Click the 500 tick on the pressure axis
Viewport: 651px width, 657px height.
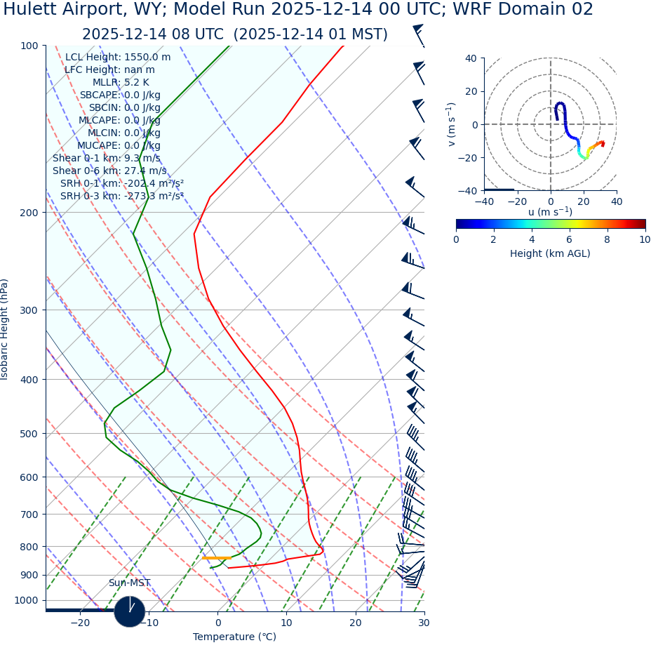click(x=29, y=434)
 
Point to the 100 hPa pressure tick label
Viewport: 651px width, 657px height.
click(x=29, y=46)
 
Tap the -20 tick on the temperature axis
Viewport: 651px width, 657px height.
click(x=80, y=623)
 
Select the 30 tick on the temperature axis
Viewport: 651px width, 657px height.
click(x=424, y=623)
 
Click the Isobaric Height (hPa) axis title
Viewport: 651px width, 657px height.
click(x=5, y=329)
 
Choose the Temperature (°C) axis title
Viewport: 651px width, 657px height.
click(x=234, y=637)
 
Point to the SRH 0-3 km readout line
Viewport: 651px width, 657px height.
click(x=121, y=196)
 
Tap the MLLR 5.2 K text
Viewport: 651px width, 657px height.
click(x=121, y=83)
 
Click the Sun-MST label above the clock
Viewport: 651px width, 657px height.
click(x=129, y=583)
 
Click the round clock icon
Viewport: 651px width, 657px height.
click(x=130, y=611)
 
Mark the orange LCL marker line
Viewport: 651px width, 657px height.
click(x=216, y=558)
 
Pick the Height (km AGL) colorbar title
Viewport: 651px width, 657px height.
click(x=550, y=253)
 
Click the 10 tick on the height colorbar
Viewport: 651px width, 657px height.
click(x=645, y=239)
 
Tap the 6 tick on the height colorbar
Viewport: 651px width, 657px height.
click(x=569, y=239)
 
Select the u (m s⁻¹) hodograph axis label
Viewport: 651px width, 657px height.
click(x=550, y=212)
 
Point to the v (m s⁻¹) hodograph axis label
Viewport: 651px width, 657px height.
click(x=452, y=124)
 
